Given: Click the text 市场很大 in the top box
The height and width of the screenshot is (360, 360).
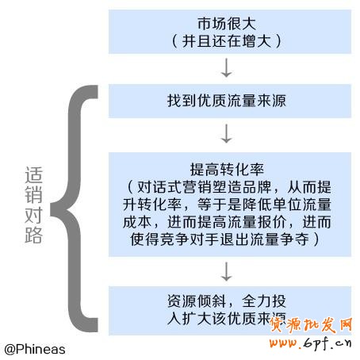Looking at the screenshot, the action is tap(227, 24).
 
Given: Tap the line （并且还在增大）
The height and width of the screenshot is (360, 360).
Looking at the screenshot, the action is tap(227, 41).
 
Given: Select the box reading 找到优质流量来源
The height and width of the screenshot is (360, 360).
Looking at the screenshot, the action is tap(230, 101).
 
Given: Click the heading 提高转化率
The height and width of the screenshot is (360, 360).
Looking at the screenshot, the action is tap(227, 170).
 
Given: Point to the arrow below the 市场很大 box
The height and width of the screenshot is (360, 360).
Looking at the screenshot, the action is tap(227, 68).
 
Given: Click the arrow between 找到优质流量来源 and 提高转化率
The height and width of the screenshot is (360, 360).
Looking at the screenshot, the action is tap(227, 134).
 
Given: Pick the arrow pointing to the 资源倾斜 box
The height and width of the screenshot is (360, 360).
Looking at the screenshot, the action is tap(227, 271).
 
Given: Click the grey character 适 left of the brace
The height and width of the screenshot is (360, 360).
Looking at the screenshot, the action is tap(34, 175).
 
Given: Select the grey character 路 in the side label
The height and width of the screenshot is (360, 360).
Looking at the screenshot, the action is tap(34, 235).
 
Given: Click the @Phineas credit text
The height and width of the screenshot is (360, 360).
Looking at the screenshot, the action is tap(35, 350).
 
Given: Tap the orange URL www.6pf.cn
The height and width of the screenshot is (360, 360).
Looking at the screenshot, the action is tap(310, 343).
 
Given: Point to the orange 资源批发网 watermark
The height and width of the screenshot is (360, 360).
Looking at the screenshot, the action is tap(311, 325).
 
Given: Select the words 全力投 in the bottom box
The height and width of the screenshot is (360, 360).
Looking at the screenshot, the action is tap(263, 301).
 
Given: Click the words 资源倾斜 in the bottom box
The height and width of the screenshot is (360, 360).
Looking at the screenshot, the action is tap(197, 301).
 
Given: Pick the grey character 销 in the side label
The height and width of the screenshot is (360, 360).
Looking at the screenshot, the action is tap(34, 195).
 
